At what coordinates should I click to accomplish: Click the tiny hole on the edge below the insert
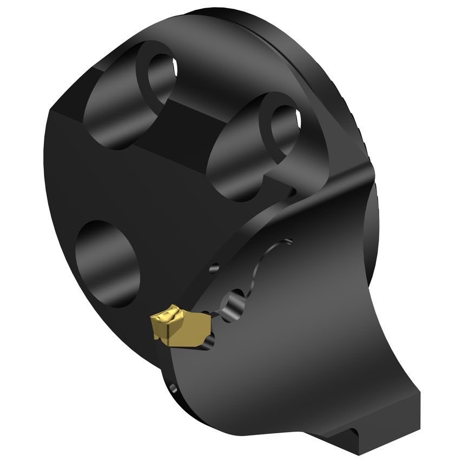click(x=173, y=388)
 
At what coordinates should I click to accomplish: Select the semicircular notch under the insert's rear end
click(x=209, y=340)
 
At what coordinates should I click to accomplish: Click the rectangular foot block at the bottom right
click(x=390, y=417)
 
